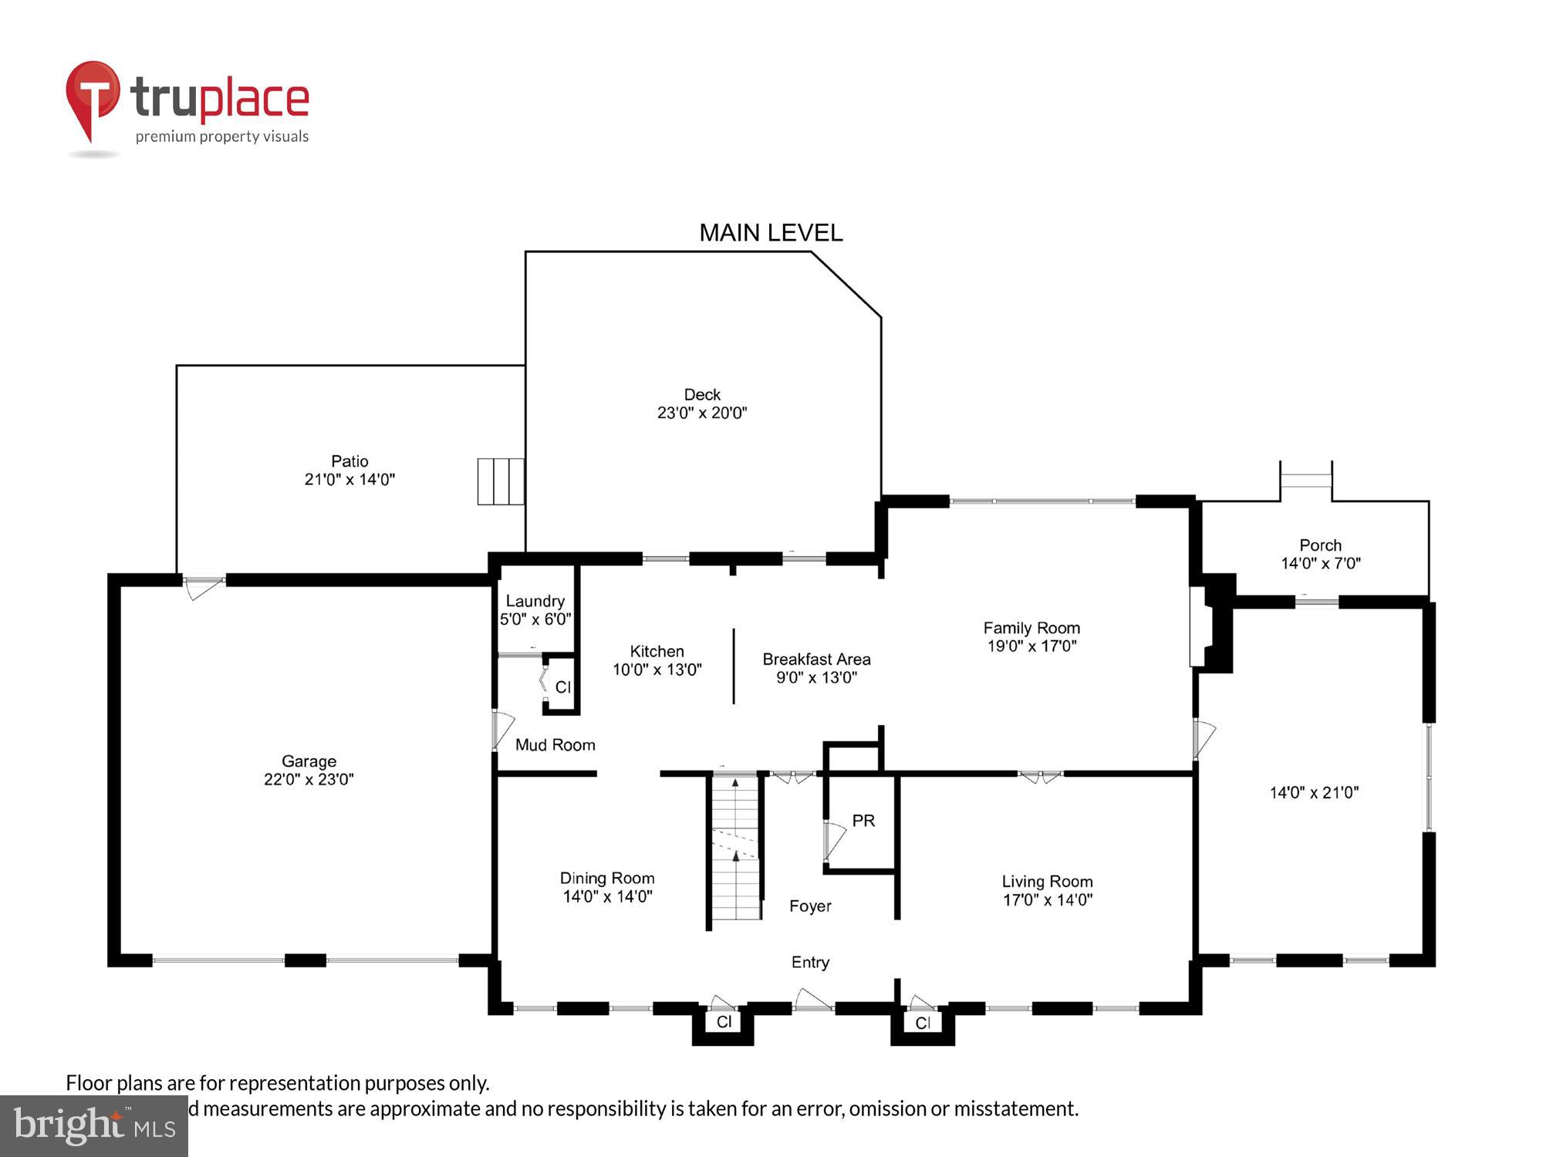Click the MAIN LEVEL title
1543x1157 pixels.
click(770, 233)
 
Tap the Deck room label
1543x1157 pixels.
click(702, 394)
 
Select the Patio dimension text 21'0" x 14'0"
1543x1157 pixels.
click(349, 480)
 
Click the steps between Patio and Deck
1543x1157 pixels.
click(501, 481)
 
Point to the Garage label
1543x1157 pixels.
click(309, 761)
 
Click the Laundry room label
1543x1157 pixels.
click(535, 601)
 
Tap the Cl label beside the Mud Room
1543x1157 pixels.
click(563, 686)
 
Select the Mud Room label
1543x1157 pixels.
click(555, 745)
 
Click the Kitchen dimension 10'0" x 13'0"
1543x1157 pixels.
click(657, 670)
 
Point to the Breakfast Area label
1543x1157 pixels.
click(816, 659)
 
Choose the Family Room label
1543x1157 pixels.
click(1031, 628)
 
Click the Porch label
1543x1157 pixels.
click(1320, 545)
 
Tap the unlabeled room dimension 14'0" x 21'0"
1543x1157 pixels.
click(1314, 792)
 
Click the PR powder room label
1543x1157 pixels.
click(863, 821)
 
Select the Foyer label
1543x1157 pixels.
click(810, 906)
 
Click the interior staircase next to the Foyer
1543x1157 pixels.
click(736, 848)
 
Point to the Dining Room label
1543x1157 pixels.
click(607, 878)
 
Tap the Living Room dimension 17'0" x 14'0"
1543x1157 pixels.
click(1047, 900)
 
